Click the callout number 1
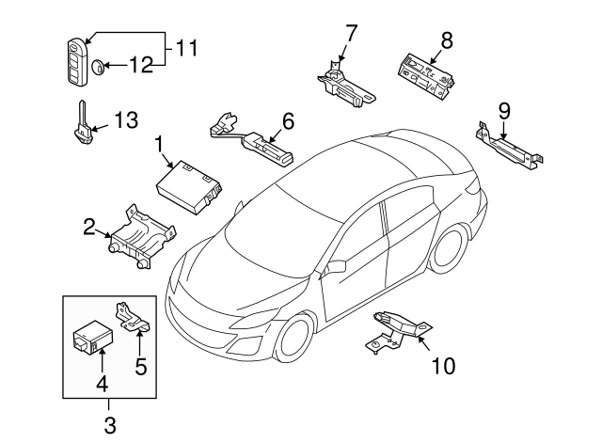160,143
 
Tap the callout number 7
351,34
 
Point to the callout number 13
125,119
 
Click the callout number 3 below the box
109,425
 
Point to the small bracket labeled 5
134,317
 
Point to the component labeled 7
345,81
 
